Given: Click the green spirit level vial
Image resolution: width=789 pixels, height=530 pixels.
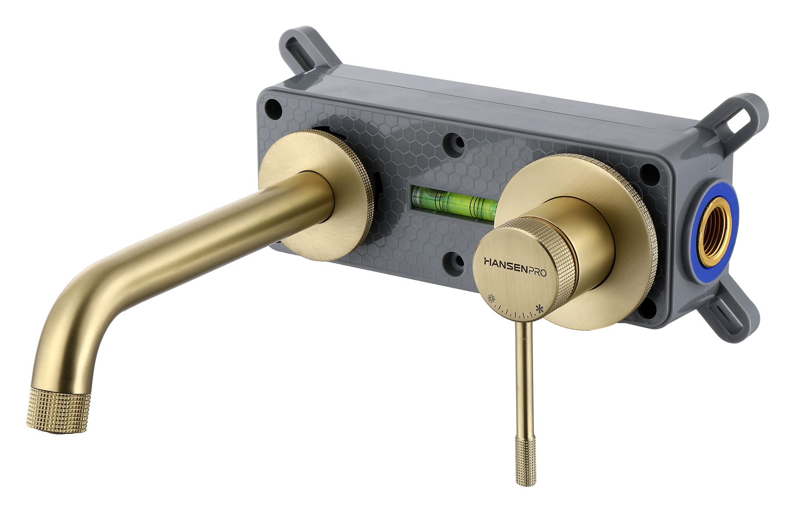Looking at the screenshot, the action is pyautogui.click(x=454, y=203).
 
